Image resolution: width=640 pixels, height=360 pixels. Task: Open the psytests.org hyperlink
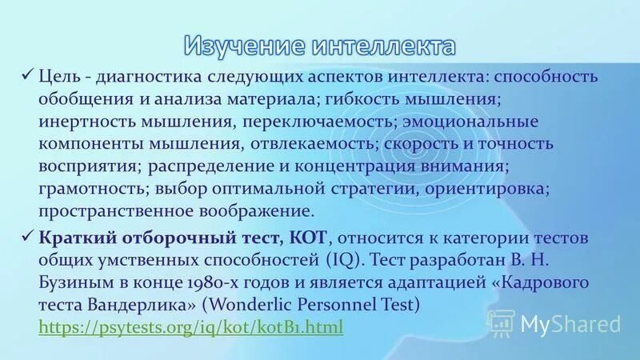click(x=190, y=327)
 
